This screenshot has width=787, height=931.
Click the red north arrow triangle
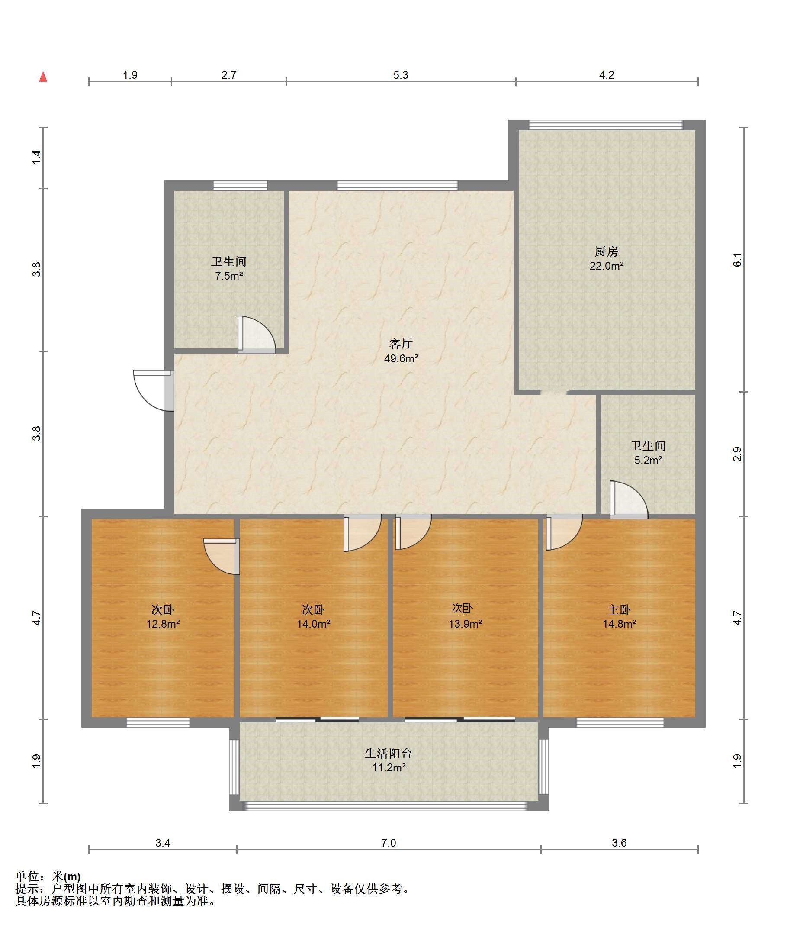[x=43, y=77]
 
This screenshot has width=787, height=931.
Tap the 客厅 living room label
[x=401, y=344]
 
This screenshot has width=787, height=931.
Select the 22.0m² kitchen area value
[x=606, y=266]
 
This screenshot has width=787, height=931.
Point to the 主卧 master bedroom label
[x=619, y=609]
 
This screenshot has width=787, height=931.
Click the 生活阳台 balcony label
[x=388, y=753]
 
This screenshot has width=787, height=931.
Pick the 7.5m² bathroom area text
[x=229, y=276]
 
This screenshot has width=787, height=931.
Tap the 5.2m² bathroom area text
[x=648, y=460]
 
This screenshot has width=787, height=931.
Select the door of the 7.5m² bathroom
[x=257, y=335]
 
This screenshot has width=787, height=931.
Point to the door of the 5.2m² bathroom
[x=629, y=499]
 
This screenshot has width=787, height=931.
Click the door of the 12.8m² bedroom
[x=221, y=557]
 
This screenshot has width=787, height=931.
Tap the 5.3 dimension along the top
[x=401, y=75]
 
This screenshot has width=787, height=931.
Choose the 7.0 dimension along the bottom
[x=388, y=843]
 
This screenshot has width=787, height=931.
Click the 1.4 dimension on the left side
[x=36, y=157]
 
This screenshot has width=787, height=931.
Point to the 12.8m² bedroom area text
[x=163, y=624]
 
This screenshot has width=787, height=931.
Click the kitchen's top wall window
[x=606, y=125]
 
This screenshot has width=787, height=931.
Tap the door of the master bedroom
[x=564, y=532]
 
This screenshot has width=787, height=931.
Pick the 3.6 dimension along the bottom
[x=619, y=843]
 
